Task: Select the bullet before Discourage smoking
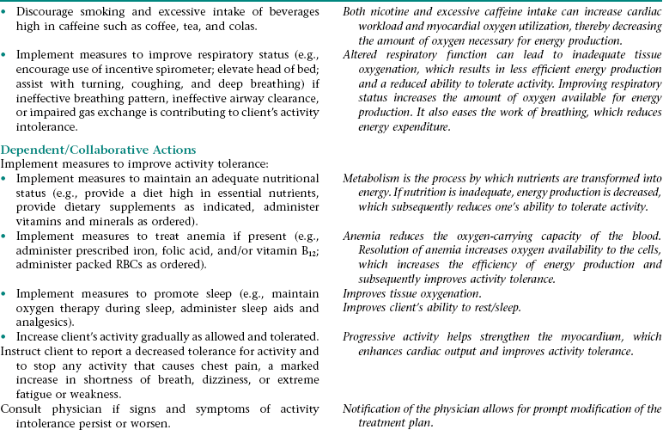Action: (5, 10)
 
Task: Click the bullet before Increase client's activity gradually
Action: (5, 335)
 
